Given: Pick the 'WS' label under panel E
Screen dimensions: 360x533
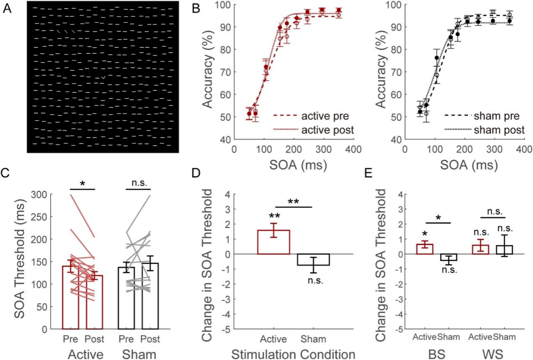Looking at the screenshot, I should pos(490,354).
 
